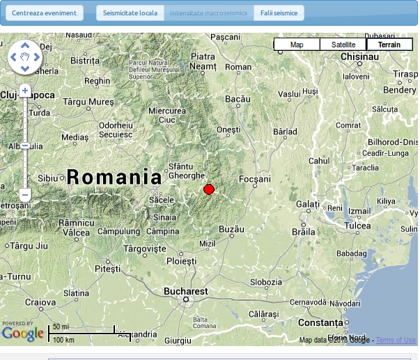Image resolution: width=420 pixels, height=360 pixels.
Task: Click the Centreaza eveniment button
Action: (x=44, y=13)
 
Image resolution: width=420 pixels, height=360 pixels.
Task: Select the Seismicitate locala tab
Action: (x=130, y=13)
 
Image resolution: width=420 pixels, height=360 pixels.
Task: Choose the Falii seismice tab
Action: (x=279, y=13)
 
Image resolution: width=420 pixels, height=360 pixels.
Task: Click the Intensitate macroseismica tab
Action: (x=208, y=13)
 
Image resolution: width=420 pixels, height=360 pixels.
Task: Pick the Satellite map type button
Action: (x=343, y=45)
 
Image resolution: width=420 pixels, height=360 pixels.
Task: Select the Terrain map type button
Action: (x=389, y=45)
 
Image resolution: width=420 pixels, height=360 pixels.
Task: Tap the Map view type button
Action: (x=297, y=45)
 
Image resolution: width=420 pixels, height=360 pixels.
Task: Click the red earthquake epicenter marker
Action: (x=208, y=189)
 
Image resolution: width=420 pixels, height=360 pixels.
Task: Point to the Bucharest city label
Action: (x=185, y=291)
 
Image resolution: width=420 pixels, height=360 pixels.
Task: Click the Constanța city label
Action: (x=321, y=323)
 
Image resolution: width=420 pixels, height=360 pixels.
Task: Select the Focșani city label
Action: (x=254, y=179)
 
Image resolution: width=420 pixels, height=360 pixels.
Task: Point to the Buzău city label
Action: (x=231, y=228)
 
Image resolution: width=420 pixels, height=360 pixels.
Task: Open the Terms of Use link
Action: (x=396, y=340)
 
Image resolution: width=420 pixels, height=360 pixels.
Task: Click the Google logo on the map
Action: (x=22, y=334)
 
